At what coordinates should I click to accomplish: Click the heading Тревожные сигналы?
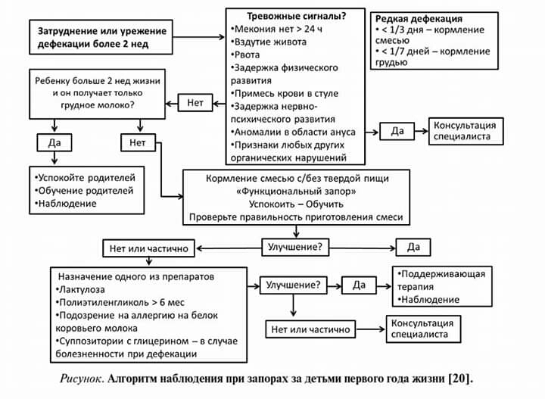pyautogui.click(x=297, y=17)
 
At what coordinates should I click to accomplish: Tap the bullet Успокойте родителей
pyautogui.click(x=83, y=177)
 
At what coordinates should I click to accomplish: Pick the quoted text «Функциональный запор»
pyautogui.click(x=297, y=191)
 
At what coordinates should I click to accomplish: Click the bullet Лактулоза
pyautogui.click(x=86, y=289)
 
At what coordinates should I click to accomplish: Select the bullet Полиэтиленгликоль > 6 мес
pyautogui.click(x=114, y=302)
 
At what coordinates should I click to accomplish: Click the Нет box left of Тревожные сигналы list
pyautogui.click(x=195, y=102)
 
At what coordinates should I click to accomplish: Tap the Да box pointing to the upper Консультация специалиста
pyautogui.click(x=397, y=131)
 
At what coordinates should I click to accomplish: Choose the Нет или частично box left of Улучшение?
pyautogui.click(x=149, y=248)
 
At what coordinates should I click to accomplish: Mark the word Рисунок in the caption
pyautogui.click(x=83, y=376)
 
